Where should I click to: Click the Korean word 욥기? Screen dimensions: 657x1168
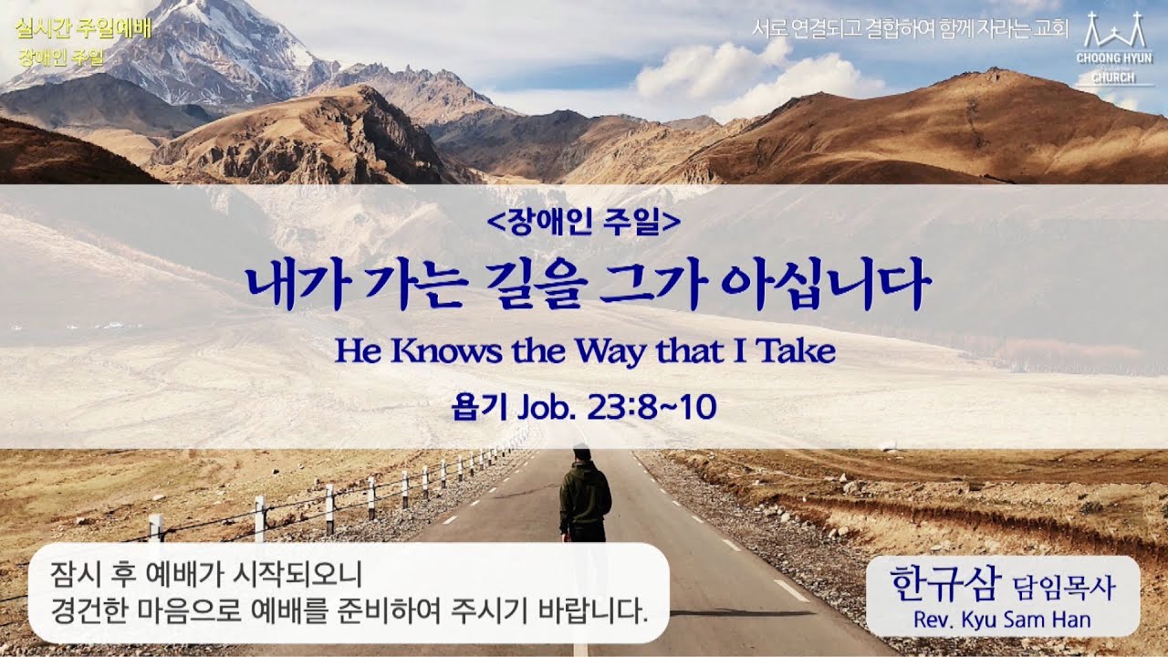472,408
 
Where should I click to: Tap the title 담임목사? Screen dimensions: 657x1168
1064,585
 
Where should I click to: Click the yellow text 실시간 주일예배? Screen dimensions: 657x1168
83,26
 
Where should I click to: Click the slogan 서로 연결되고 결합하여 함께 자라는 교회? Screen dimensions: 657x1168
910,28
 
